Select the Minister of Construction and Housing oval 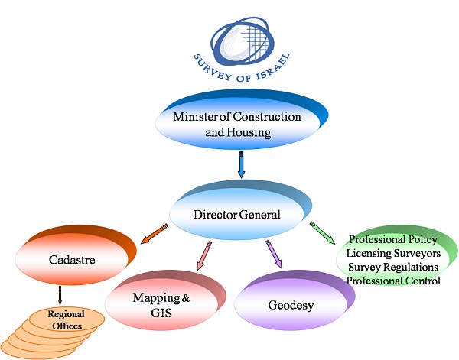pos(236,125)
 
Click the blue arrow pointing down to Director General pos(241,165)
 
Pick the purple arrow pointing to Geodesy pos(273,254)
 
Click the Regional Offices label pos(65,319)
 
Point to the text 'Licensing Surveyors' pos(392,253)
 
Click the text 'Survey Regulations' pos(392,267)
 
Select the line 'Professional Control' pos(393,281)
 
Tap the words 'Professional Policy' pos(392,239)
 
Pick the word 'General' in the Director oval pos(257,215)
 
